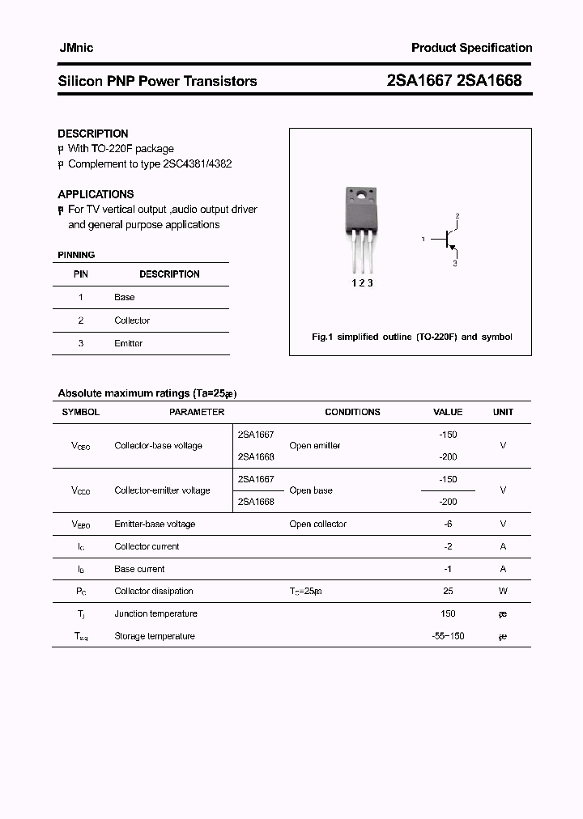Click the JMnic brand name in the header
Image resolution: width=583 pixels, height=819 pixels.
pos(77,48)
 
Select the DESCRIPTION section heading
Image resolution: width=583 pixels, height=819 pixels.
pos(93,134)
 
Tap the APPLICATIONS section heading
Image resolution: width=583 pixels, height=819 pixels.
pos(96,194)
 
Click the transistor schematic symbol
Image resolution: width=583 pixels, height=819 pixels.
pos(448,240)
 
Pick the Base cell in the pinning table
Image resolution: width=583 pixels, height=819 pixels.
pos(125,297)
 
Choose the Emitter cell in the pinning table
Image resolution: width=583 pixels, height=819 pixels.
pos(128,343)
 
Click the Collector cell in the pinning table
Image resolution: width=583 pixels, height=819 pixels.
pos(132,320)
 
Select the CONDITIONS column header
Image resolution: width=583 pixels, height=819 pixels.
pos(352,412)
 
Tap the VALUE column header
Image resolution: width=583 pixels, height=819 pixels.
pos(448,412)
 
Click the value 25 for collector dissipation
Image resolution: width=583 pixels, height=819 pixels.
pos(448,591)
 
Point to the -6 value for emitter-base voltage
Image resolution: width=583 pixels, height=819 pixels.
pos(448,524)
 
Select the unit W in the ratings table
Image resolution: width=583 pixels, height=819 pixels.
pos(503,591)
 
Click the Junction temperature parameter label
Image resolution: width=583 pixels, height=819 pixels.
pos(155,613)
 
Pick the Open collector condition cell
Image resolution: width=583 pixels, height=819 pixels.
pos(317,524)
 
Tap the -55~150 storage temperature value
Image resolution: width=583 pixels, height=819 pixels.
pos(448,636)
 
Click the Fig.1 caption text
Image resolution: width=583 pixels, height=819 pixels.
pos(411,337)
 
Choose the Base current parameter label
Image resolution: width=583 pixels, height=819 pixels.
pos(139,569)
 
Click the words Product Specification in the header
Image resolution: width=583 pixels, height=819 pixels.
pos(471,48)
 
